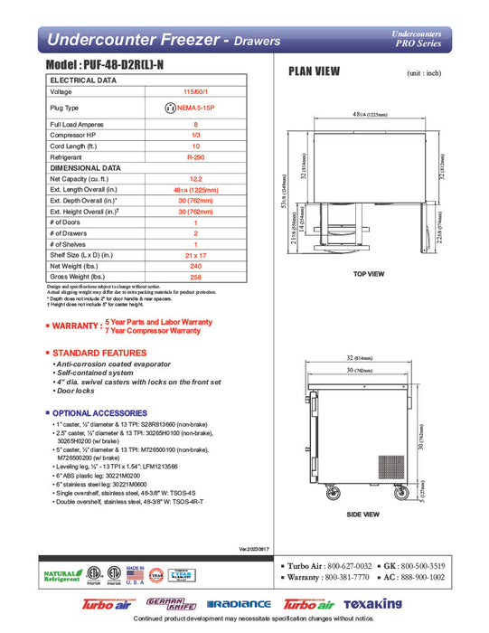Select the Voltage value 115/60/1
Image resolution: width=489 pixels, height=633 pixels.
(189, 91)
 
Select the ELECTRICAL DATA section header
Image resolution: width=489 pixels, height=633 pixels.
(83, 80)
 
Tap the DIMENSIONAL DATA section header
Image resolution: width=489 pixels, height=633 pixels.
(85, 167)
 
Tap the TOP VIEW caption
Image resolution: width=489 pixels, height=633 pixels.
(370, 273)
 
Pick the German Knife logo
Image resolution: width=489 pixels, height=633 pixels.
(169, 603)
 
